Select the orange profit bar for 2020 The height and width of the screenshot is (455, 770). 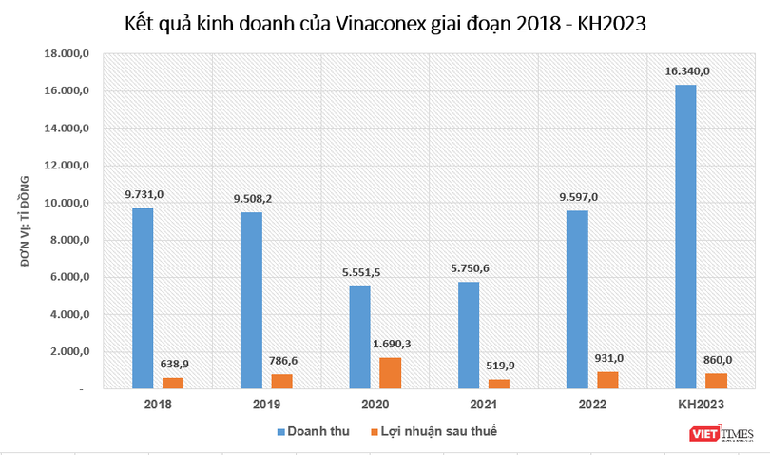tap(391, 372)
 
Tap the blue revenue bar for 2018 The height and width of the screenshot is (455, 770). tap(143, 298)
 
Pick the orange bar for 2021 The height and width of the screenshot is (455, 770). tap(499, 384)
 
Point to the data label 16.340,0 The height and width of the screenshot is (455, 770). tap(686, 71)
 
